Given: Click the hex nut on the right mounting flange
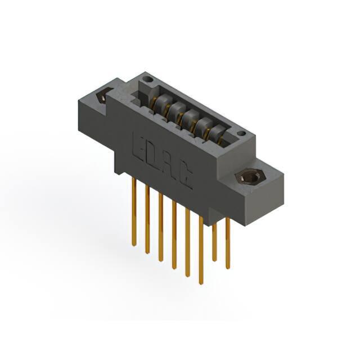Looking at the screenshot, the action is tap(251, 177).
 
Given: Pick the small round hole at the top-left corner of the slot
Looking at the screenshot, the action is tap(147, 80).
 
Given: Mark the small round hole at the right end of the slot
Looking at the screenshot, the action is tap(241, 133).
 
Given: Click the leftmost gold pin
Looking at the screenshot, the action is tap(134, 213).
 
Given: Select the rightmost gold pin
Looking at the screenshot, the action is tap(227, 244).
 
